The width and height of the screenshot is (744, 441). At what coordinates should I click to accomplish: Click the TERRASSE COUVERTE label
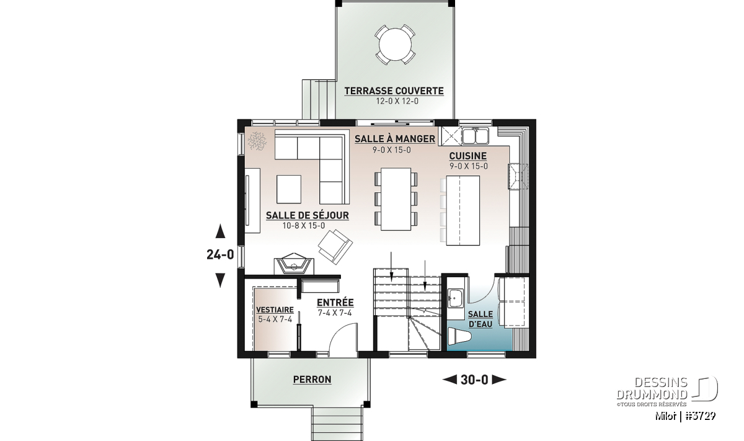[x=394, y=91]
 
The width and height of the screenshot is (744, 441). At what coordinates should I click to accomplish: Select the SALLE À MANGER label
[x=395, y=138]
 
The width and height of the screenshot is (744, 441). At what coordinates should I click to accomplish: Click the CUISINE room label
[x=468, y=156]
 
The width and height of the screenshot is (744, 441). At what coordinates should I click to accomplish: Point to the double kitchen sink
[x=476, y=136]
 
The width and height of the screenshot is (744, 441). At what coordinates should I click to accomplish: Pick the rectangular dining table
[x=396, y=199]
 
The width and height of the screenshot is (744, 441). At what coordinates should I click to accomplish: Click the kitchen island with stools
[x=463, y=211]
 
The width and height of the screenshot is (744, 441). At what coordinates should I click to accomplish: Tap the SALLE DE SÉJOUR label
[x=308, y=215]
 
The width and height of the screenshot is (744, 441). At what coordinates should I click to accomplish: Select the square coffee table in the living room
[x=289, y=189]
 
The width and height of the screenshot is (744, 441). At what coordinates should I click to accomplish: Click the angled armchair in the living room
[x=335, y=246]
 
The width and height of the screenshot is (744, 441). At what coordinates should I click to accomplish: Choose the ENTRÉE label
[x=335, y=303]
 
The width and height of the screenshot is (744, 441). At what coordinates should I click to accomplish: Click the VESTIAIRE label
[x=275, y=310]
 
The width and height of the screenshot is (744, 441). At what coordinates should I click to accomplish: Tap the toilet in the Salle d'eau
[x=459, y=336]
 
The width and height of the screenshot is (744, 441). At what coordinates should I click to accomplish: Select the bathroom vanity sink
[x=456, y=298]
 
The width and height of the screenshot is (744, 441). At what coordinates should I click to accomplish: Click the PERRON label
[x=312, y=379]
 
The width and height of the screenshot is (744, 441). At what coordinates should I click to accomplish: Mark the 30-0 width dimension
[x=474, y=380]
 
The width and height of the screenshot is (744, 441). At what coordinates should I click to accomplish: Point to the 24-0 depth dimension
[x=220, y=255]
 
